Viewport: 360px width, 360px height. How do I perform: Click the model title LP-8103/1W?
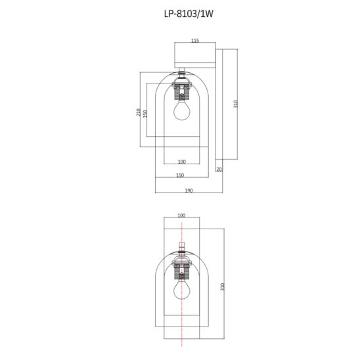coord(189,14)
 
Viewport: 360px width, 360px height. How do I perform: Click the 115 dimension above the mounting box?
coord(195,41)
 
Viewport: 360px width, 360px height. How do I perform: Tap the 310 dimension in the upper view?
coord(235,104)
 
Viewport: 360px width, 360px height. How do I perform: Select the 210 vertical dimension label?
coord(138,112)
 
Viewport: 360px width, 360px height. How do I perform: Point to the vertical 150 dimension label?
coord(145,114)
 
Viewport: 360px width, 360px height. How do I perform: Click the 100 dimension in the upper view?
coord(182,162)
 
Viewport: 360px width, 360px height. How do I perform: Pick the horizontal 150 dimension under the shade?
coord(180,175)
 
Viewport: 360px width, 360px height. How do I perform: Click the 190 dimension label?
coord(189,191)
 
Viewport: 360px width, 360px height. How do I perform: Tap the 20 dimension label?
coord(219,169)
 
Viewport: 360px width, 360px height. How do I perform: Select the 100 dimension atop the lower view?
coord(181,215)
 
